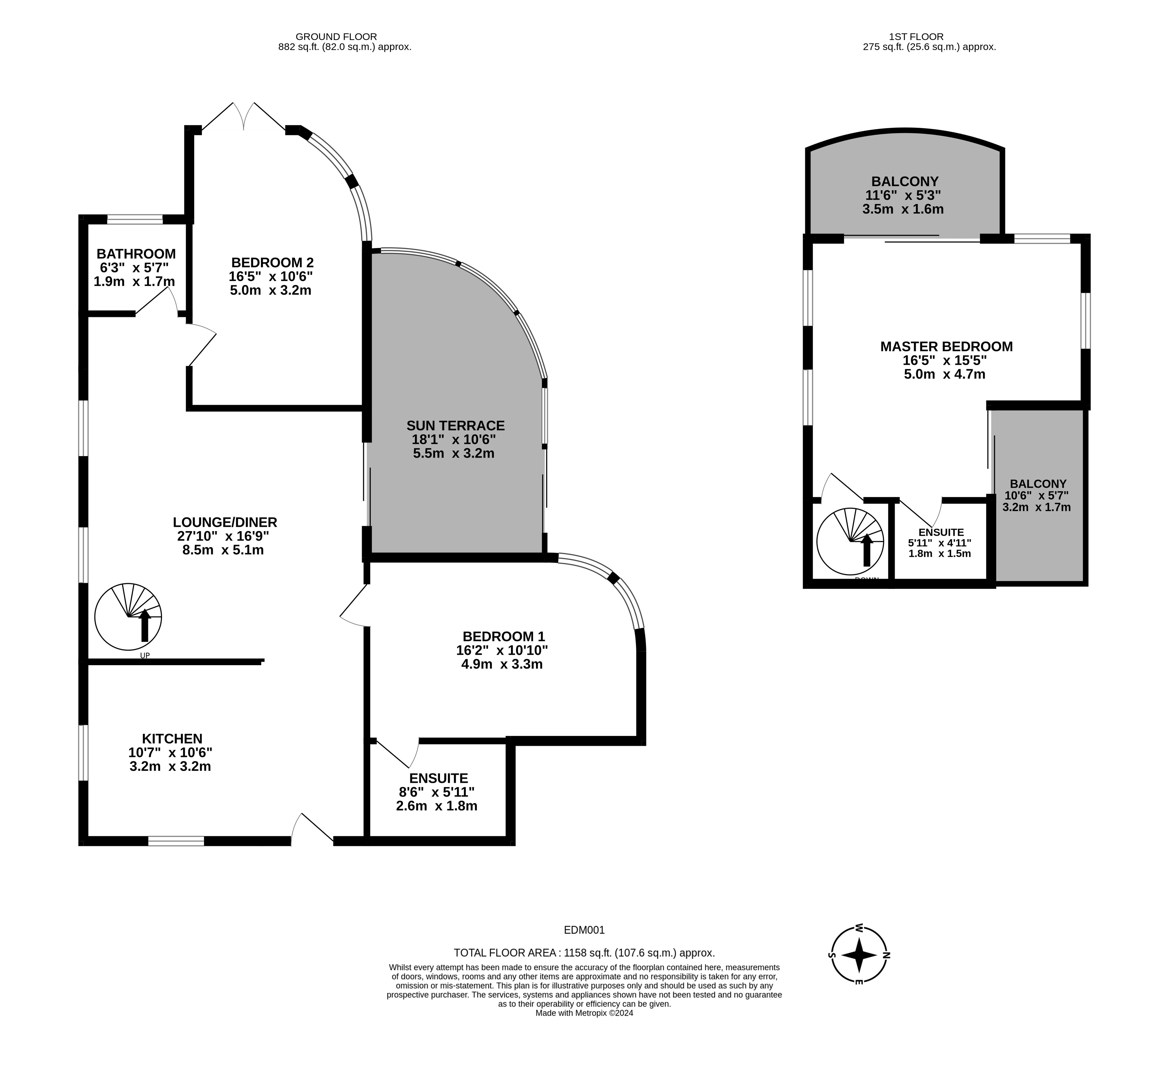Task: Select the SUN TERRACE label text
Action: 456,426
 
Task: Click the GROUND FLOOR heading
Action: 336,37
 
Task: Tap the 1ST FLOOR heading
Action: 916,37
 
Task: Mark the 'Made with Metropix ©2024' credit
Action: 585,1013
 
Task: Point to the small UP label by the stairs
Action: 145,656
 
